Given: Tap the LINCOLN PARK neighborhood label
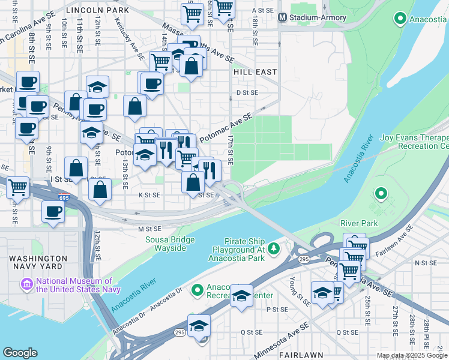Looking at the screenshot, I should click(97, 10).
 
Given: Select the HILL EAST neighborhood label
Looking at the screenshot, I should click(255, 72).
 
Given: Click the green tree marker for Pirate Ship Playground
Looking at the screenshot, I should click(274, 248).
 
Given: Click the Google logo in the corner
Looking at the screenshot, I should click(20, 353).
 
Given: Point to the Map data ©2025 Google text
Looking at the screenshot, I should click(412, 355).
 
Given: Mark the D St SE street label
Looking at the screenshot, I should click(247, 92).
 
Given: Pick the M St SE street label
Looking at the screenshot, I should click(150, 229).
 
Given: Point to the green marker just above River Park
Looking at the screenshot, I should click(380, 194).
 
